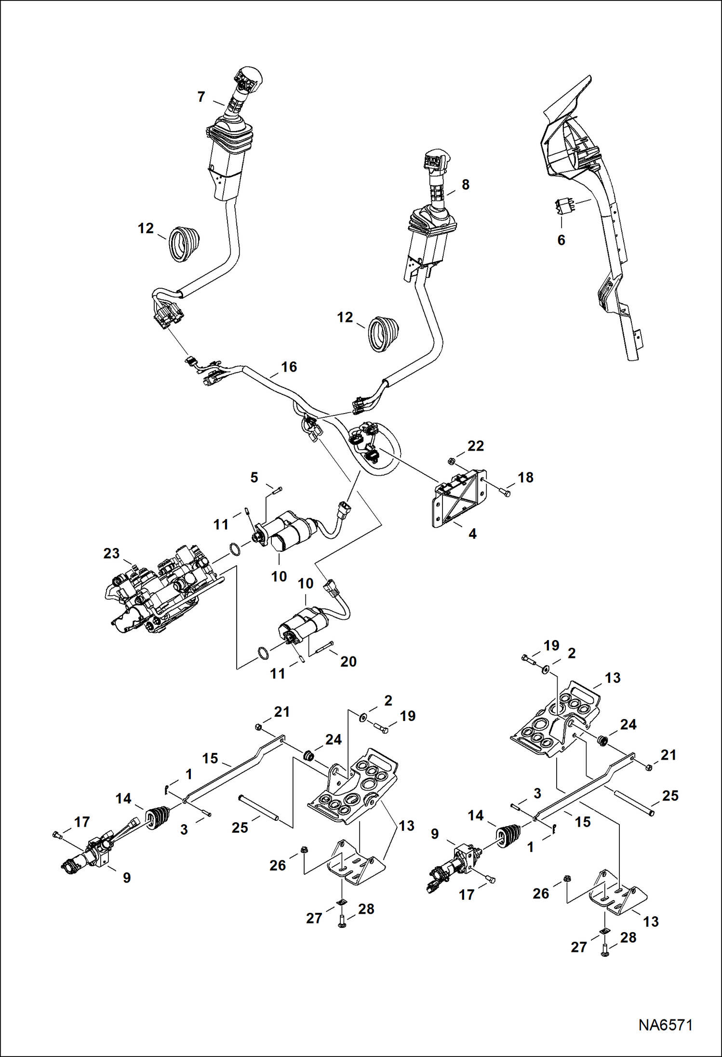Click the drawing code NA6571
coord(665,1024)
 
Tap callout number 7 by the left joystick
coord(201,97)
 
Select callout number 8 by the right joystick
coord(465,185)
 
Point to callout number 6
coord(561,240)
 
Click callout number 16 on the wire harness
coord(289,367)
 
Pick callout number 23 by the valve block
coord(111,553)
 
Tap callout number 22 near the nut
coord(475,446)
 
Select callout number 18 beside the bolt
coord(525,477)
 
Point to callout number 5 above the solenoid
coord(254,477)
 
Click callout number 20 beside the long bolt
coord(348,661)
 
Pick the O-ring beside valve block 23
coord(234,549)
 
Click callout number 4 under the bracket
coord(472,534)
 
